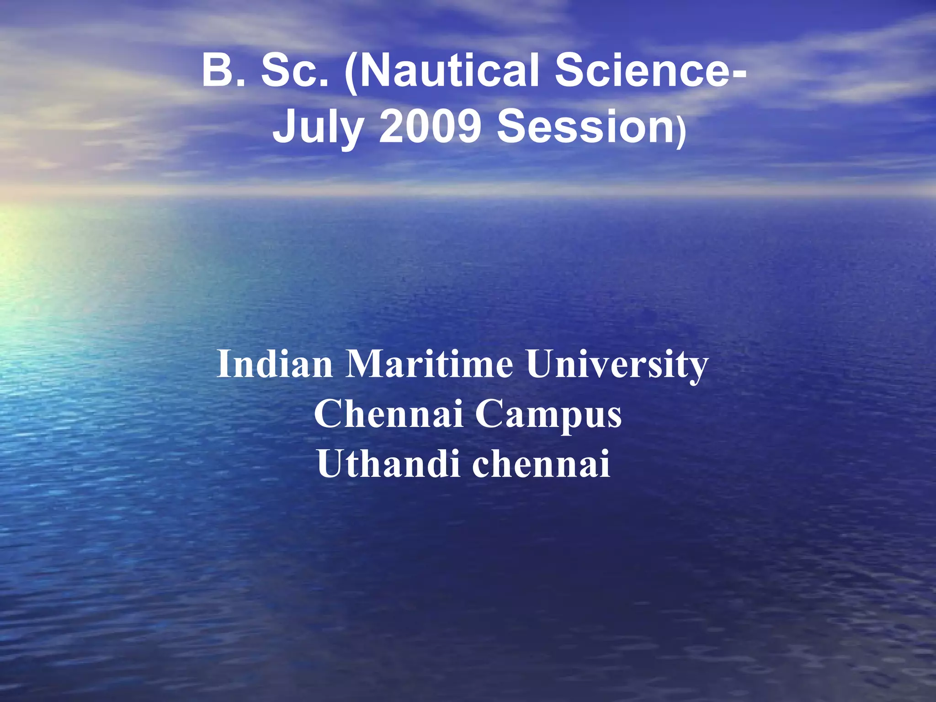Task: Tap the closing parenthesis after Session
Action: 681,133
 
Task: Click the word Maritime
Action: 429,364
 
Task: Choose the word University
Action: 617,364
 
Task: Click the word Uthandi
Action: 388,463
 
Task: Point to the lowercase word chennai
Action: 541,463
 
